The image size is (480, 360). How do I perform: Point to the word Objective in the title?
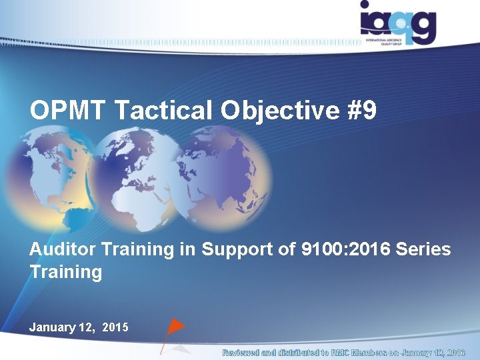pos(281,111)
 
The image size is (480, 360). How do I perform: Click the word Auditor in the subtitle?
pos(63,250)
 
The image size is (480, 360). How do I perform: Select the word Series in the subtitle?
pos(423,250)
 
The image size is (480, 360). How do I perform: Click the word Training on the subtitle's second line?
pos(66,272)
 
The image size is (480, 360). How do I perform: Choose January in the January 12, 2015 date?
pos(52,327)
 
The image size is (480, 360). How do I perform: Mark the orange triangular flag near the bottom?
pos(174,327)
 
